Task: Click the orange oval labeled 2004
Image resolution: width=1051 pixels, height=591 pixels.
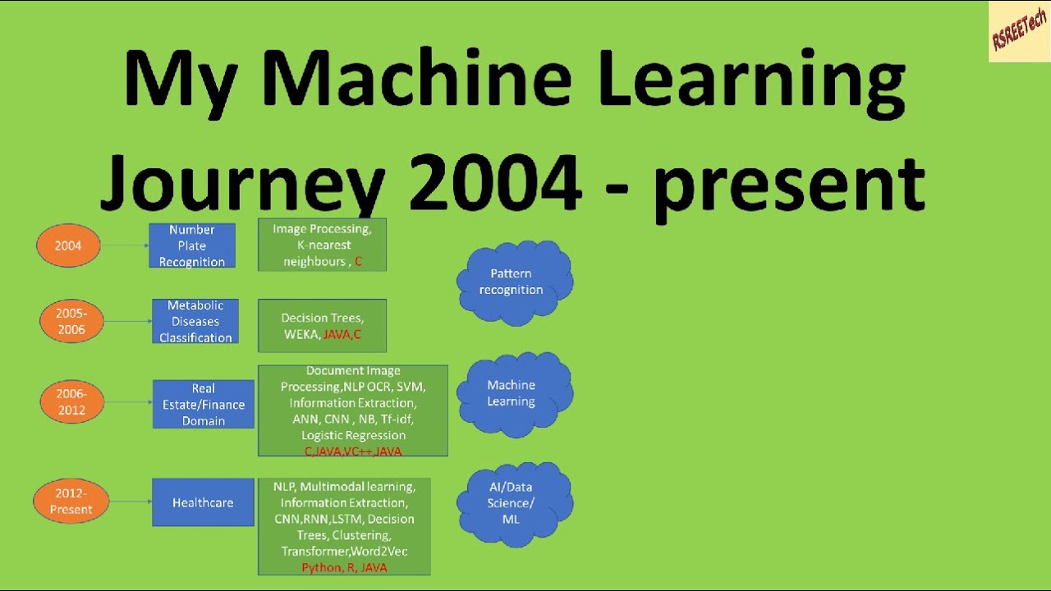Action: pos(68,245)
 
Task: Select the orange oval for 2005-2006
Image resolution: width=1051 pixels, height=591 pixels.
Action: pos(71,321)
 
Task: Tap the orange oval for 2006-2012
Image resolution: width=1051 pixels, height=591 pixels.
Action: pos(71,401)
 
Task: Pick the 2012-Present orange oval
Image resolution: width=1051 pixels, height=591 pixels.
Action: pos(71,502)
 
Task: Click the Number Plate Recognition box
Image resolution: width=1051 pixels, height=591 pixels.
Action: pos(192,245)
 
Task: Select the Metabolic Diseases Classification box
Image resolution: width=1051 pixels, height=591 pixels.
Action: pos(195,321)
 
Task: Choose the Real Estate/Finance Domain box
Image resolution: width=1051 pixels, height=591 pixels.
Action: pos(203,404)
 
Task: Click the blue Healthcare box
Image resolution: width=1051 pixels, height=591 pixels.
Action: pos(203,502)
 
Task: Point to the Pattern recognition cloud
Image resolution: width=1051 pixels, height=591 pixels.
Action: pos(512,282)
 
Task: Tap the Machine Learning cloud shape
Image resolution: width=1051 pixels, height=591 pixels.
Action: pos(512,393)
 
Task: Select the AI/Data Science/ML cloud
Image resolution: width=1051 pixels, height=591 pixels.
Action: pos(512,502)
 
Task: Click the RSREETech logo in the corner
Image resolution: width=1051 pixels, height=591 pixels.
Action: pos(1019,31)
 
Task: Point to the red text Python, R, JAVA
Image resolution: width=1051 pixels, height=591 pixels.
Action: pos(344,567)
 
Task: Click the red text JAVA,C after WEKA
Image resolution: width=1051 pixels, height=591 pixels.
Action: pos(342,334)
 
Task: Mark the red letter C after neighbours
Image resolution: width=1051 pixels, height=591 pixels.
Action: pos(358,262)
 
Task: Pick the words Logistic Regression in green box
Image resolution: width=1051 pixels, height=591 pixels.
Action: pos(353,435)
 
